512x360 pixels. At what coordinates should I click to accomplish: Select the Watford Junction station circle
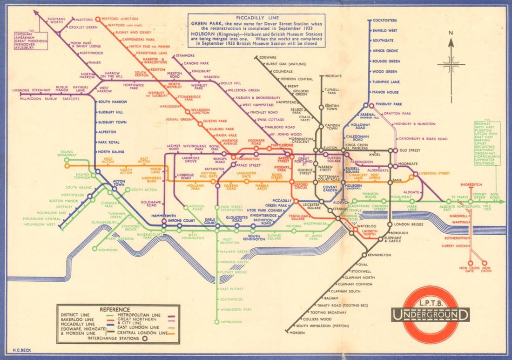97,19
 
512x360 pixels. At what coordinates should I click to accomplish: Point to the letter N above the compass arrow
450,33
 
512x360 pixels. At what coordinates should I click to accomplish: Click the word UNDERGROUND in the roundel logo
430,315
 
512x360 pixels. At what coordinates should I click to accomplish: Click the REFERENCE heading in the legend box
118,309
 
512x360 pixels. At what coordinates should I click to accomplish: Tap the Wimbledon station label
232,322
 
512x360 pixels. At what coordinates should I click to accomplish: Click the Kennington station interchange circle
364,255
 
